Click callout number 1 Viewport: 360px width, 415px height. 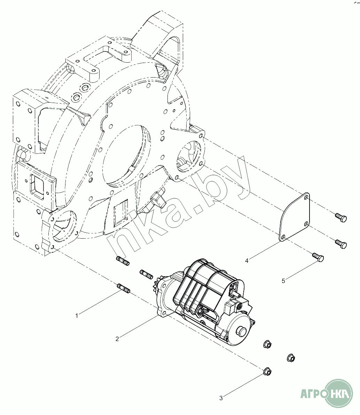pos(77,316)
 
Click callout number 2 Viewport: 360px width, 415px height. pos(117,339)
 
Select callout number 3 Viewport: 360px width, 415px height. pos(221,398)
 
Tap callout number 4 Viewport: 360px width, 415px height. pos(246,261)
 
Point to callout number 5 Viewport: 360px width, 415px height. pos(283,281)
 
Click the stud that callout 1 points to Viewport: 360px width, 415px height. pos(123,288)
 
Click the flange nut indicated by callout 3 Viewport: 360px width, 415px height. pos(267,372)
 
